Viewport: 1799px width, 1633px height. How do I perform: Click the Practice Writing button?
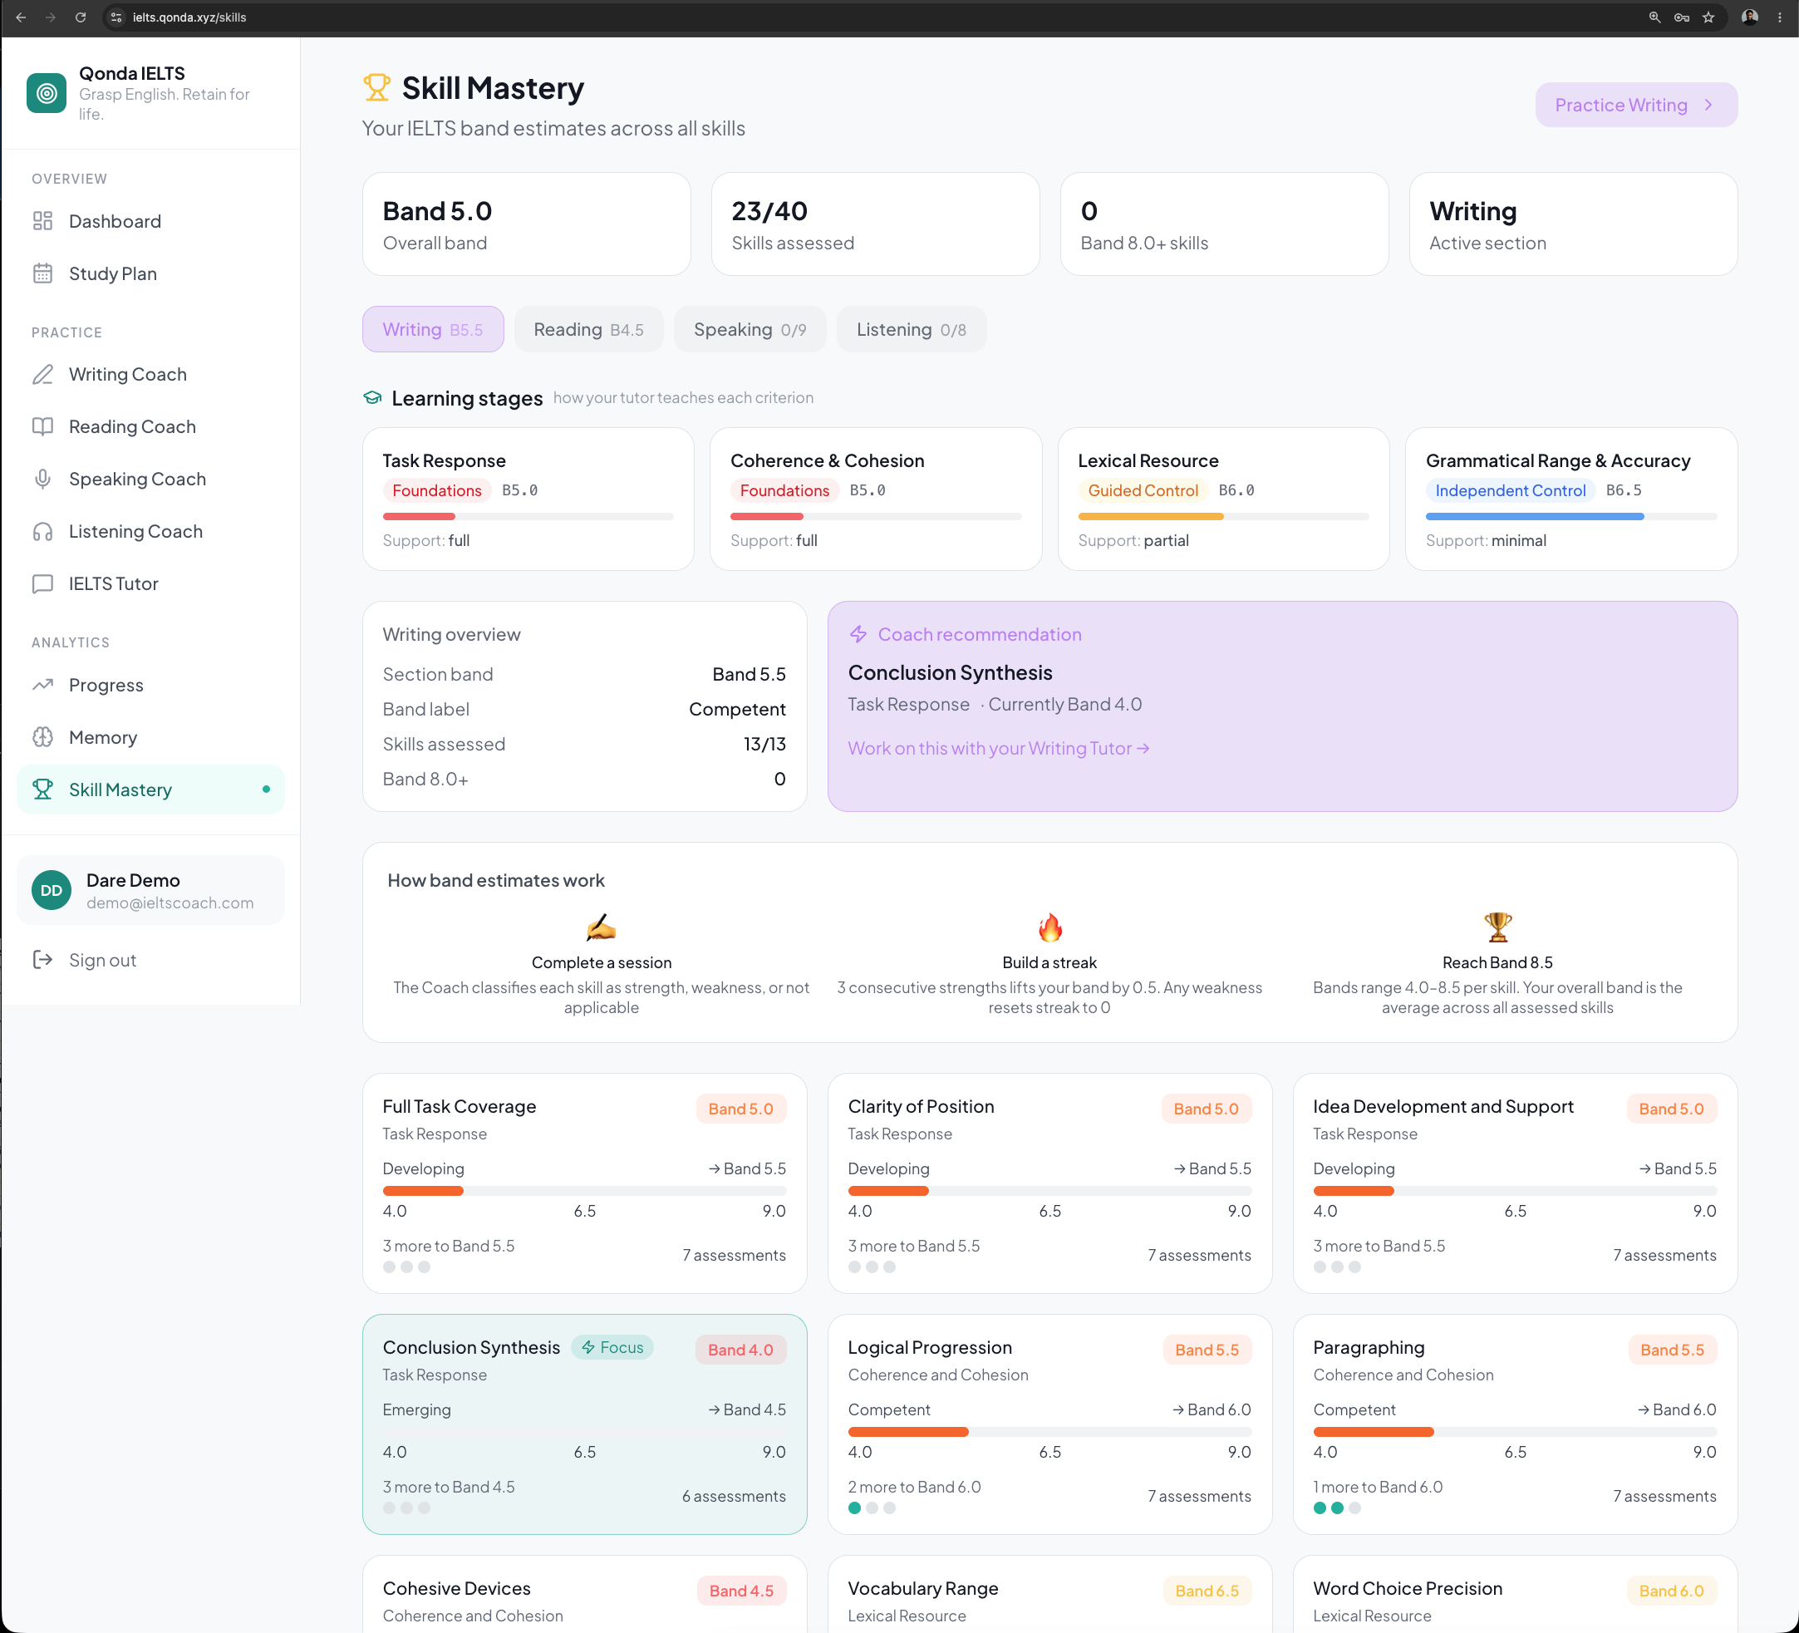(x=1635, y=106)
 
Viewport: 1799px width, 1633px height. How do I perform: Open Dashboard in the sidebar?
(x=116, y=221)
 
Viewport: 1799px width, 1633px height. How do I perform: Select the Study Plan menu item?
(x=112, y=274)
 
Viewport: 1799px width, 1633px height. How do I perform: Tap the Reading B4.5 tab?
(x=588, y=329)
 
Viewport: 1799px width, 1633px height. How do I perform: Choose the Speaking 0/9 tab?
(x=750, y=329)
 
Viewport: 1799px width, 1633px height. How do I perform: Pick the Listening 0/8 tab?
(x=911, y=329)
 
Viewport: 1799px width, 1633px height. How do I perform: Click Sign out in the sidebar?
(x=102, y=960)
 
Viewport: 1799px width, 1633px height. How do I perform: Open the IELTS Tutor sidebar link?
(x=113, y=583)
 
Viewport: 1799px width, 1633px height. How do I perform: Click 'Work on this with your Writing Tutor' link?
(x=999, y=748)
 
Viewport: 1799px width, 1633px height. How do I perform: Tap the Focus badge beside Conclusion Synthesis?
(x=613, y=1347)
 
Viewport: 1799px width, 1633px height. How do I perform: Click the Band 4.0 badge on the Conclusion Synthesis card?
(x=740, y=1350)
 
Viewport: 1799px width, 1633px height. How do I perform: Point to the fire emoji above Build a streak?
(x=1050, y=928)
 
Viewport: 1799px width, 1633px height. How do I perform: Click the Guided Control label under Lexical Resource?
(x=1143, y=491)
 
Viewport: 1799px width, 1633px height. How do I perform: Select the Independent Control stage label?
(x=1510, y=491)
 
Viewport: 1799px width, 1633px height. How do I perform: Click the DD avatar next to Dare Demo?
(x=52, y=891)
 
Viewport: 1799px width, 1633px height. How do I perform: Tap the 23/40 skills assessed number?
(x=769, y=211)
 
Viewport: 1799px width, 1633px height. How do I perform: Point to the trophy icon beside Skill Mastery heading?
(x=376, y=87)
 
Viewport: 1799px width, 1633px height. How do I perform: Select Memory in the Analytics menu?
(x=102, y=738)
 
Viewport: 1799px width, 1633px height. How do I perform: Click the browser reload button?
(x=81, y=17)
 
